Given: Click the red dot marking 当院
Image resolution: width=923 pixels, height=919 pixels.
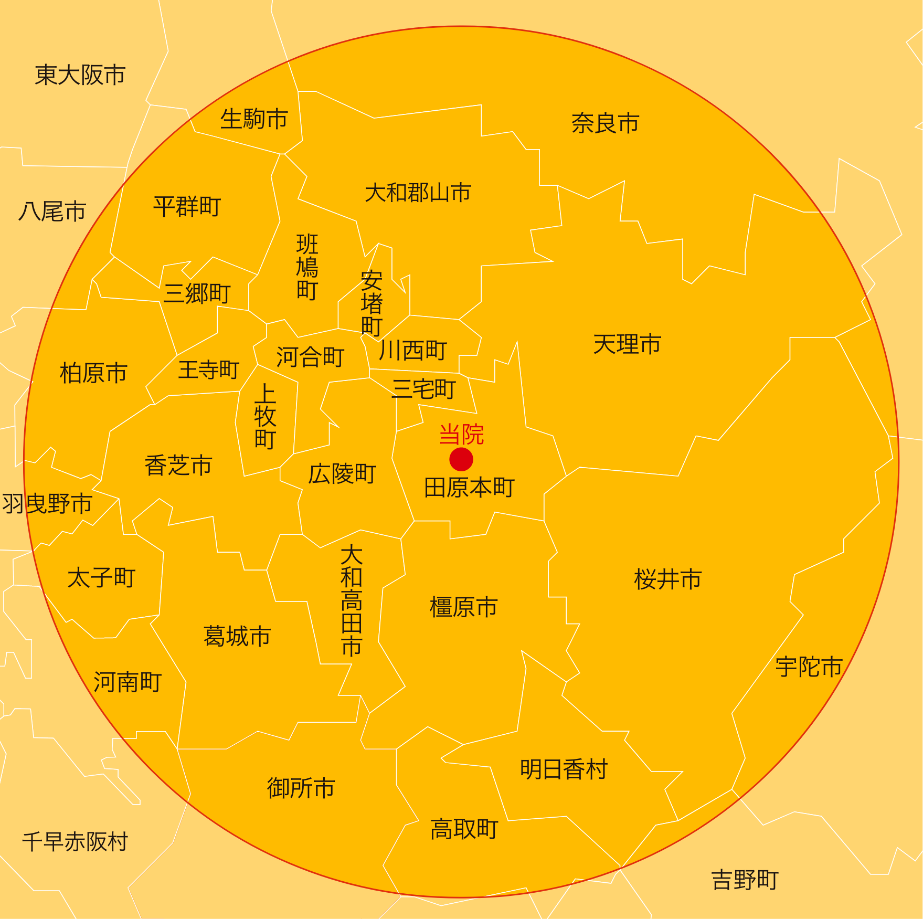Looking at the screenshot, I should coord(461,459).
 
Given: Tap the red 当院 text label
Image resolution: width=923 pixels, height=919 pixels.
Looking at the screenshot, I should coord(461,435).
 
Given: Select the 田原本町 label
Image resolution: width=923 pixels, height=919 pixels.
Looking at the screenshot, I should coord(469,488).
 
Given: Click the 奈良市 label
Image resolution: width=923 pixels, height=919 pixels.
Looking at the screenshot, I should coord(605,123).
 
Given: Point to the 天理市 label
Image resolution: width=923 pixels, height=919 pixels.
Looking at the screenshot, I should coord(627,345).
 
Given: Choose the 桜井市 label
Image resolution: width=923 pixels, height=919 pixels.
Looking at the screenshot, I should coord(667,579).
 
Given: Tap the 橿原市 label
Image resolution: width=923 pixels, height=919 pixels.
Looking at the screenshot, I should coord(463,607).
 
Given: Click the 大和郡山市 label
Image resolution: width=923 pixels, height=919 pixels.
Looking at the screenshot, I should coord(418,193).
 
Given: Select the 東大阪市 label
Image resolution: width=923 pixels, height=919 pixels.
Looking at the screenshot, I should coord(80,75).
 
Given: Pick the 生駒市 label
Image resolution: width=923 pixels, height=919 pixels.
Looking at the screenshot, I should coord(254,119).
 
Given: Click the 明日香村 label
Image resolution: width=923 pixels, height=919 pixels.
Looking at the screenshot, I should coord(564,769).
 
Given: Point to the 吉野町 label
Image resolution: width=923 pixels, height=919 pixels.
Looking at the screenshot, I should coord(745,880).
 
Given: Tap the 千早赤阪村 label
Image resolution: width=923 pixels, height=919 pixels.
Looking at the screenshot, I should coord(75,841).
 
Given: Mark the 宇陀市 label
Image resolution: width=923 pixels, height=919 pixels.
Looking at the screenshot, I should coord(809,667).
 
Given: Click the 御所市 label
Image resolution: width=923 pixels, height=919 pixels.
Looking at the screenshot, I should coord(301,788).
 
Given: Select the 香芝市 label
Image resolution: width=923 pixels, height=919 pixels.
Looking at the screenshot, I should coord(178,466).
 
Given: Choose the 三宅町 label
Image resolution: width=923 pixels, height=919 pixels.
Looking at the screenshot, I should coord(424,389).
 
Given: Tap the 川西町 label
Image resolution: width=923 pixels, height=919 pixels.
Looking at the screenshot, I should coord(413,350).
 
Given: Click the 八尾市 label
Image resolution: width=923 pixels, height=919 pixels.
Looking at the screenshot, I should coord(52,212).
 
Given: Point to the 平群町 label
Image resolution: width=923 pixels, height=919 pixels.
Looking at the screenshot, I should coord(187,206).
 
